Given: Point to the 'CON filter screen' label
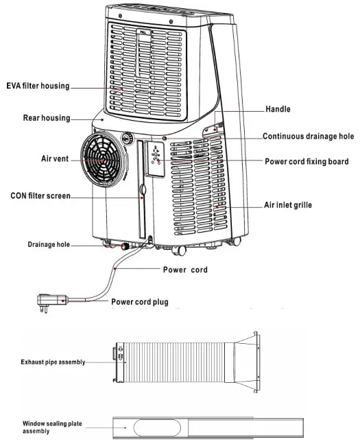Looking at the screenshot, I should (40, 196).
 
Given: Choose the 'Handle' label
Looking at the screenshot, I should (278, 109).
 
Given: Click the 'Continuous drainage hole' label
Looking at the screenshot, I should (308, 137).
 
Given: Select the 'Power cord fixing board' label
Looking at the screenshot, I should (307, 162).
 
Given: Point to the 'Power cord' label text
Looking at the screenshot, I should (184, 270).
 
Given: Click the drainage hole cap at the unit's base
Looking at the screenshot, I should (125, 245).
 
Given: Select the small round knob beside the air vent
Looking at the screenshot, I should (128, 138).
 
